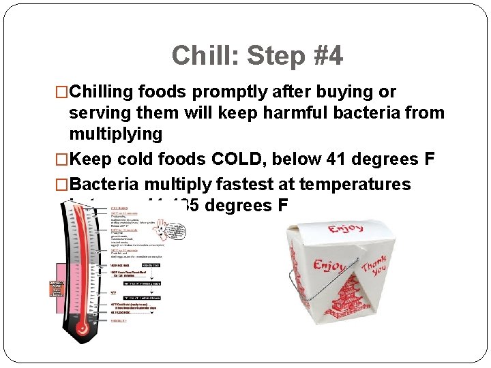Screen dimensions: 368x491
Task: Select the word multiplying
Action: (115, 134)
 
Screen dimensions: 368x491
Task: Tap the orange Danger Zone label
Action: (56, 288)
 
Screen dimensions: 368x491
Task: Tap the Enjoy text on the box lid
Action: (345, 228)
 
